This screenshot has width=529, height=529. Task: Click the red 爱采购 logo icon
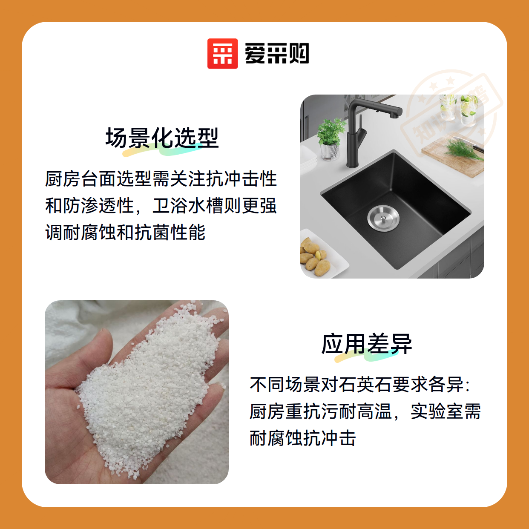click(x=222, y=54)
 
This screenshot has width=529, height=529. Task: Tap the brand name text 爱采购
click(x=277, y=54)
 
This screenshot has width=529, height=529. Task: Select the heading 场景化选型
click(x=162, y=138)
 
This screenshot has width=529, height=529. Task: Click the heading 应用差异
click(x=366, y=344)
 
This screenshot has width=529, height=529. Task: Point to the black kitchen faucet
click(x=357, y=132)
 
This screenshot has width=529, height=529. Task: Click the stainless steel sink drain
click(x=383, y=218)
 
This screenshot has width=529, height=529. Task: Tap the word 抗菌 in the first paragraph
click(x=152, y=232)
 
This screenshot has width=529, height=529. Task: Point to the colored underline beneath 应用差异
click(x=366, y=357)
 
